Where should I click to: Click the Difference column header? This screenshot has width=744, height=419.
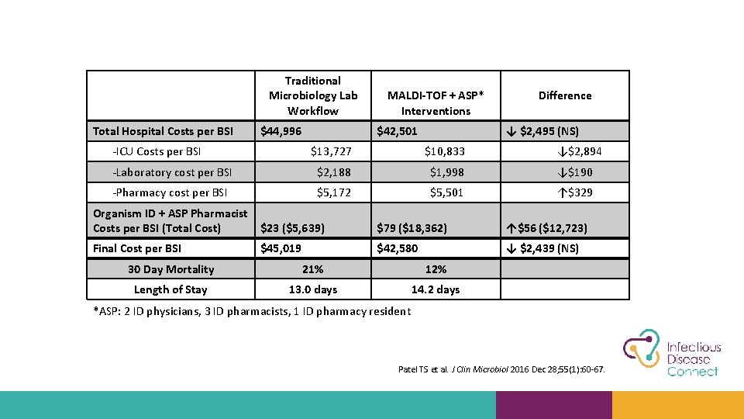[564, 95]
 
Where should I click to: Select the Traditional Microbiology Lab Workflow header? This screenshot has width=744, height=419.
[313, 95]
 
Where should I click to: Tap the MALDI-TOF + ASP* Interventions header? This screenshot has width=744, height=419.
[436, 103]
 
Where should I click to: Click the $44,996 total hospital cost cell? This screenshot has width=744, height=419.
[281, 131]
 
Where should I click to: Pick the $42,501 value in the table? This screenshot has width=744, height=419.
[397, 131]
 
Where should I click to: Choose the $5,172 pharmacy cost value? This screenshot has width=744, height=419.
[334, 192]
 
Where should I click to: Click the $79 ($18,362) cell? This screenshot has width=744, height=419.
[411, 228]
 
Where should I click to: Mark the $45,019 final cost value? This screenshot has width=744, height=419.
[281, 248]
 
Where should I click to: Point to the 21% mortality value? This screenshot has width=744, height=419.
[313, 269]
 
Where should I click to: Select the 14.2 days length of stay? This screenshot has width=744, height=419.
[436, 289]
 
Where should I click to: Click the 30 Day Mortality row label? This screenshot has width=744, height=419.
[170, 269]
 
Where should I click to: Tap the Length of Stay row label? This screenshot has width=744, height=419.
[170, 289]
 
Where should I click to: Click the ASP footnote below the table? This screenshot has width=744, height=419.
[252, 311]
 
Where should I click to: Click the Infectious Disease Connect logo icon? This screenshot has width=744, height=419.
[641, 353]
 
